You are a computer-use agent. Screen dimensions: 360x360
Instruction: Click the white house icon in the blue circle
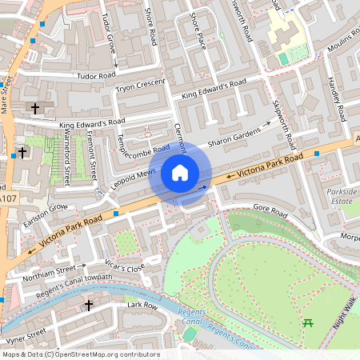coord(180,173)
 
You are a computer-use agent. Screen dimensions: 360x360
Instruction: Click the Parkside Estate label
coord(342,196)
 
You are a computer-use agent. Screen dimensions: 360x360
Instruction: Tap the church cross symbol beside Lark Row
coord(90,305)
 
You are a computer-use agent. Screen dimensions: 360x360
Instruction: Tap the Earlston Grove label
coord(46,213)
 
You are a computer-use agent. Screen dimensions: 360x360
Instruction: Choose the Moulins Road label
coord(343,45)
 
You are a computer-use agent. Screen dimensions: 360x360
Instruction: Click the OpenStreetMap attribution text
coord(81,354)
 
